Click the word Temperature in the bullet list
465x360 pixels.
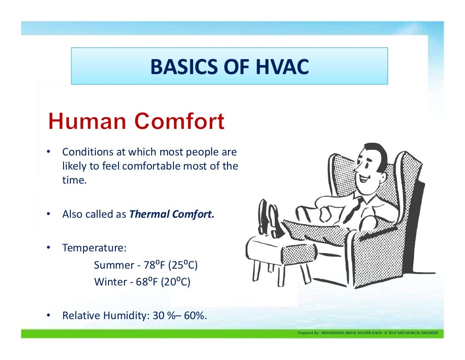[93, 248]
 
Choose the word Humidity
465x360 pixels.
[120, 315]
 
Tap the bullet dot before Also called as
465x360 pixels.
[48, 214]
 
